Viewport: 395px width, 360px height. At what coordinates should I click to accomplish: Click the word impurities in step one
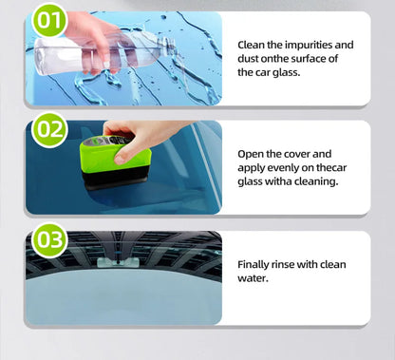[x=300, y=45]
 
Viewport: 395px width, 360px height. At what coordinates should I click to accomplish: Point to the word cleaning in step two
[x=310, y=181]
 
